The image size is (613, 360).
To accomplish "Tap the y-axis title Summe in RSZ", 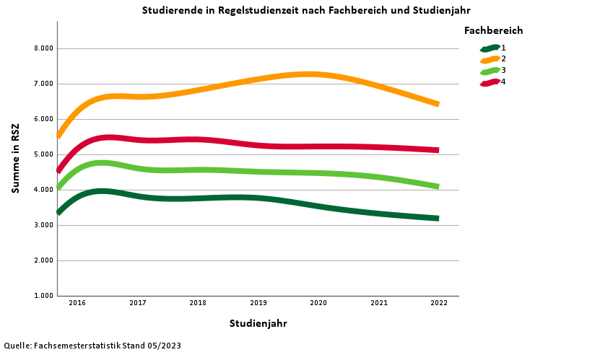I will pos(15,158).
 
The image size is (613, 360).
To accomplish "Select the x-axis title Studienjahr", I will pos(258,323).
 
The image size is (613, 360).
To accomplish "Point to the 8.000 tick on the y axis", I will pos(43,48).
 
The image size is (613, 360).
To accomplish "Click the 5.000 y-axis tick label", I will pos(43,154).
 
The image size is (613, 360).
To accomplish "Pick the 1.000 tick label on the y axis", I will pos(43,296).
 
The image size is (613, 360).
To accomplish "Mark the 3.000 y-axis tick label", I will pos(43,225).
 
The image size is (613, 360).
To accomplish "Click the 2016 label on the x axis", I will pos(77,303).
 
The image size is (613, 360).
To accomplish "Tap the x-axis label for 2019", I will pos(258,303).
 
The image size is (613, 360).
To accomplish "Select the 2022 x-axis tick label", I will pos(439,303).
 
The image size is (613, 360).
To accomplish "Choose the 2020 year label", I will pos(318,303).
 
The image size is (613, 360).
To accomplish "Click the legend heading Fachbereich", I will pos(493,30).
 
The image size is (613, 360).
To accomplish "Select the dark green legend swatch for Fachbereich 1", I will pos(490,48).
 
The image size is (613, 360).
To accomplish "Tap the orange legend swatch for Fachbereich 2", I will pos(490,59).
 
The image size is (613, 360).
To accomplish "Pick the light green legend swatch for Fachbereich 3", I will pos(490,71).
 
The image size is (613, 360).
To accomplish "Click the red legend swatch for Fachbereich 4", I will pos(490,82).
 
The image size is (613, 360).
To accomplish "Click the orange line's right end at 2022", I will pos(436,104).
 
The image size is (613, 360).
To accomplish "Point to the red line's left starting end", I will pos(59,170).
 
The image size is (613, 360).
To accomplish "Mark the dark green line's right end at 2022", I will pos(436,218).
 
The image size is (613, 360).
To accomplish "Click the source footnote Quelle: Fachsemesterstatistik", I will pos(92,346).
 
